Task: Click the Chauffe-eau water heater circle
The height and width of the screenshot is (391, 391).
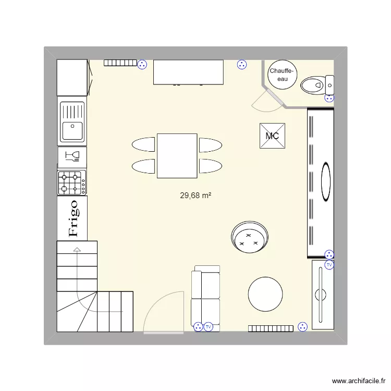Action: point(282,75)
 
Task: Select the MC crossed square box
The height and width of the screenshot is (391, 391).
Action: point(272,136)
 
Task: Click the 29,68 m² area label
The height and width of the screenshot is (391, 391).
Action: point(195,195)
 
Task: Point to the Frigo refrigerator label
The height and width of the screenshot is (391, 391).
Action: point(74,218)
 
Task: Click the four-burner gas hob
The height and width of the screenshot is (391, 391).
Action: point(72,182)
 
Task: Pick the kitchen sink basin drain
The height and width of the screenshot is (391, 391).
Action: point(72,126)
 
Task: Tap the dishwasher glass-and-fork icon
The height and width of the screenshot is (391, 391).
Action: point(72,156)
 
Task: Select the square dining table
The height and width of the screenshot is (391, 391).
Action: point(177,156)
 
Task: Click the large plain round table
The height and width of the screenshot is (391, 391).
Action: point(265,294)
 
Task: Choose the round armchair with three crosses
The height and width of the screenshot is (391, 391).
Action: point(250,237)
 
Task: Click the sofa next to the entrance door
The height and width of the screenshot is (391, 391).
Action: point(205,299)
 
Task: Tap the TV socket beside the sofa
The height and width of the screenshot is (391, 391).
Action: point(209,327)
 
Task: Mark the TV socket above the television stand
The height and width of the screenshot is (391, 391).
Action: point(329,264)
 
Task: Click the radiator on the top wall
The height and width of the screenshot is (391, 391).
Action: point(120,63)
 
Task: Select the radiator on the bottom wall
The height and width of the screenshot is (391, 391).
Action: point(271,328)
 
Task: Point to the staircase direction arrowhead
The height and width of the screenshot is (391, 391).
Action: point(77,249)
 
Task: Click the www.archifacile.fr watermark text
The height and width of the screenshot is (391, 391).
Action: point(359,381)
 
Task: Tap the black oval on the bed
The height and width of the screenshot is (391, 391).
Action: point(326,182)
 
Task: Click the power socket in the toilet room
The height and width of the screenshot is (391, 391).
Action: point(329,98)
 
